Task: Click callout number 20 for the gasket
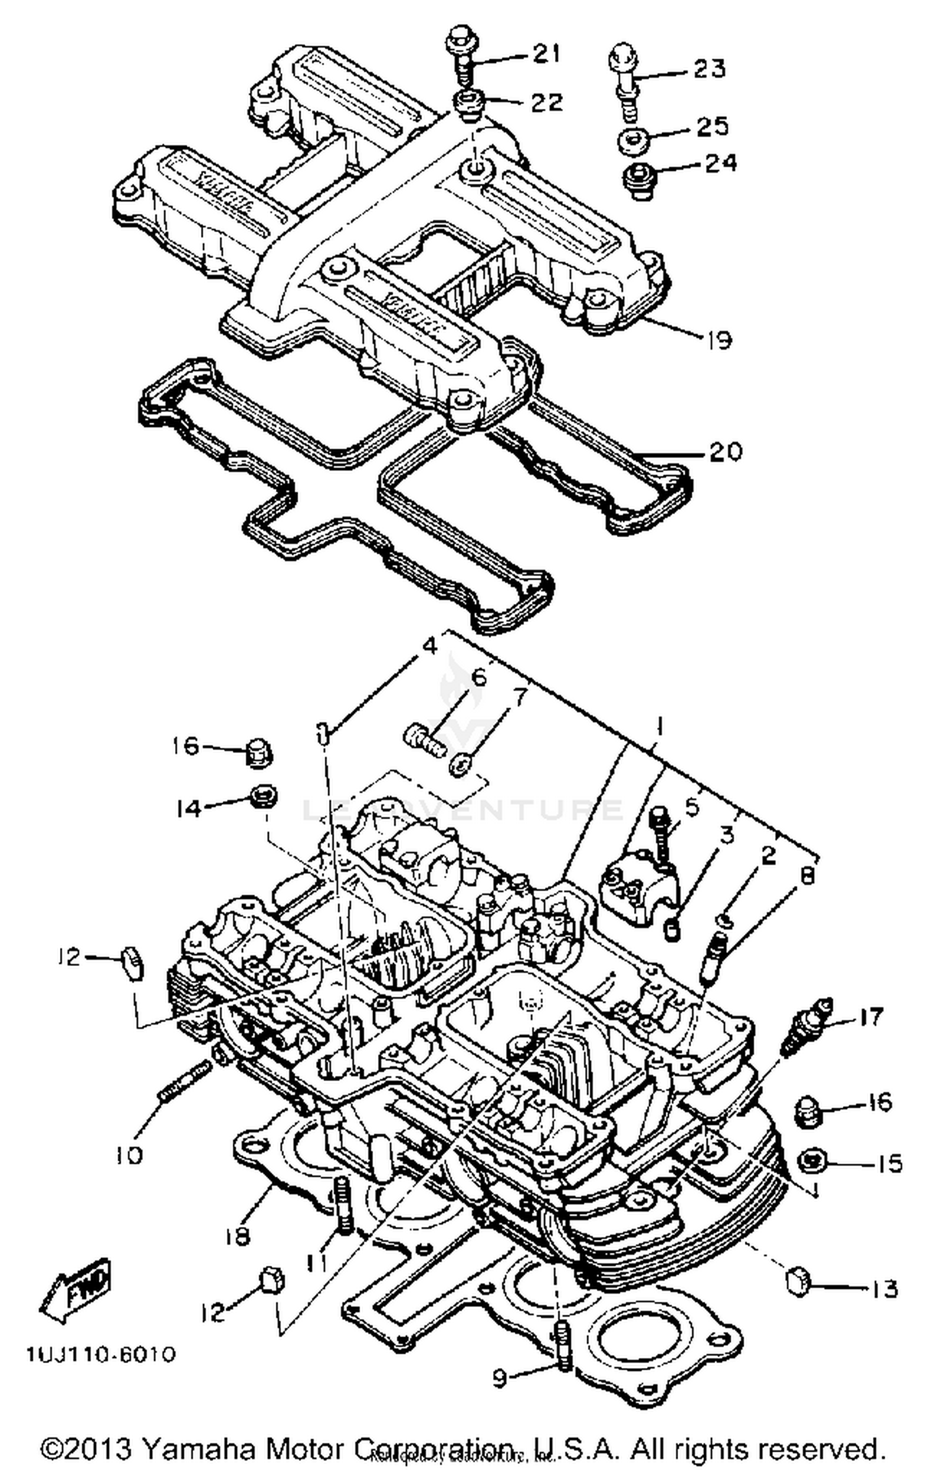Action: coord(725,452)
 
